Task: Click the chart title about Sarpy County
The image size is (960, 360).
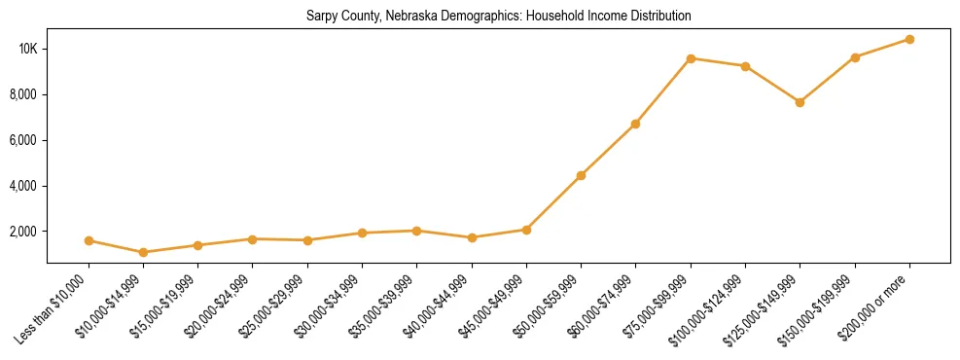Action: (497, 17)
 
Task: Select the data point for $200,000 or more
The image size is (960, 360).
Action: (909, 39)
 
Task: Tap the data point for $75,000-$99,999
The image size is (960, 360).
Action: (691, 58)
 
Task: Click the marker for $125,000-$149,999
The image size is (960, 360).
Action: (800, 102)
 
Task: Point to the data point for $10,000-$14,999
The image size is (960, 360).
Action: (144, 252)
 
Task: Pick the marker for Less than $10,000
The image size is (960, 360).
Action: (89, 240)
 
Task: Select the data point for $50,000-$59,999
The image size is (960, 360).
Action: (581, 175)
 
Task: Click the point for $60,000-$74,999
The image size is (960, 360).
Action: (635, 124)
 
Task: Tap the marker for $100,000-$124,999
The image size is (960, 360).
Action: (745, 66)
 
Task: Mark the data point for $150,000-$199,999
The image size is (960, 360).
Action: (855, 57)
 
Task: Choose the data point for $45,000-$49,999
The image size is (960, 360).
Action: (526, 230)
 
